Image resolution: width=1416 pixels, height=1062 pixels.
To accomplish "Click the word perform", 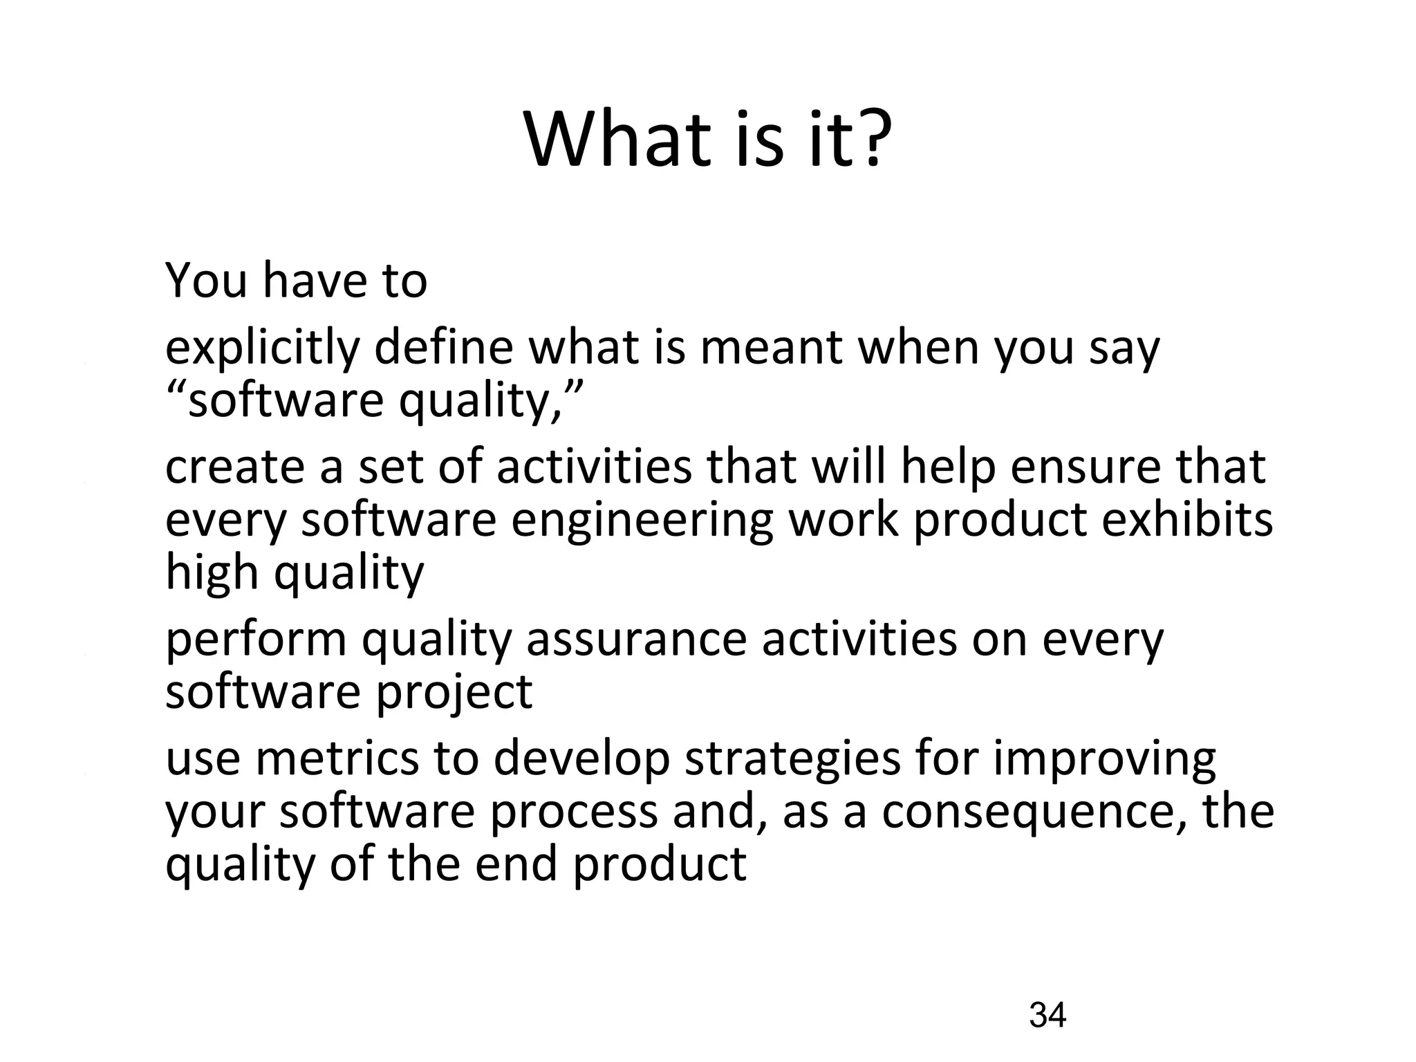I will point(256,640).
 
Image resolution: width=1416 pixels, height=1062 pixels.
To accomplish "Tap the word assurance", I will point(636,640).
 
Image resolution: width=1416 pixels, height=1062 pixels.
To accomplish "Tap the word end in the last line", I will point(516,864).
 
